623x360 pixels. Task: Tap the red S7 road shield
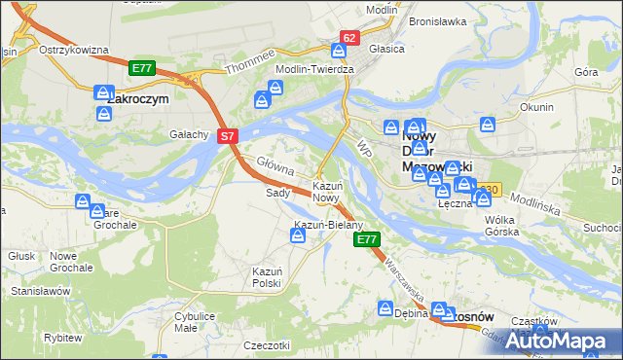point(227,137)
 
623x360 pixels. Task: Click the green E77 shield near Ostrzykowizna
point(141,68)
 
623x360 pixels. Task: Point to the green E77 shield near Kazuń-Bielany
point(366,239)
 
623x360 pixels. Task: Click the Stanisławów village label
point(41,291)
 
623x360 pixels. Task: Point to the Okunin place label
point(536,107)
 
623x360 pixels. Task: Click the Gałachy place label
point(190,134)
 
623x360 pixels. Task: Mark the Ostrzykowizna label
point(73,50)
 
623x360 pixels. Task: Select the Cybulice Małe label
point(195,322)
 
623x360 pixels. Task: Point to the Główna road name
point(275,166)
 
